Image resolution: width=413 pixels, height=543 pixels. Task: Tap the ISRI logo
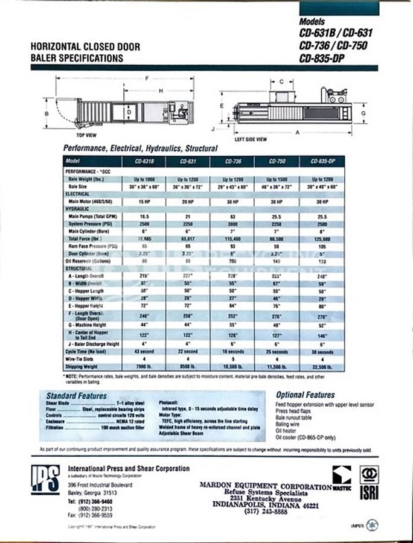coord(368,483)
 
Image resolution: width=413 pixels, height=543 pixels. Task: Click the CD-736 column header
coord(233,162)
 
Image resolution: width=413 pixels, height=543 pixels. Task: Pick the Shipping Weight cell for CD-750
coord(277,366)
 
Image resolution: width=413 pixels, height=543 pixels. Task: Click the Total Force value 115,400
coord(233,240)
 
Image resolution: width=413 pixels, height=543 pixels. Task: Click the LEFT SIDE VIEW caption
coord(251,139)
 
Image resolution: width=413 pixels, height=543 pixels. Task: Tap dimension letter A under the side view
coord(297,132)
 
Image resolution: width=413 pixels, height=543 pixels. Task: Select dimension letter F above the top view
coord(146,78)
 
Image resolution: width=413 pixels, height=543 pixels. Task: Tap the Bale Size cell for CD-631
coord(187,187)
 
